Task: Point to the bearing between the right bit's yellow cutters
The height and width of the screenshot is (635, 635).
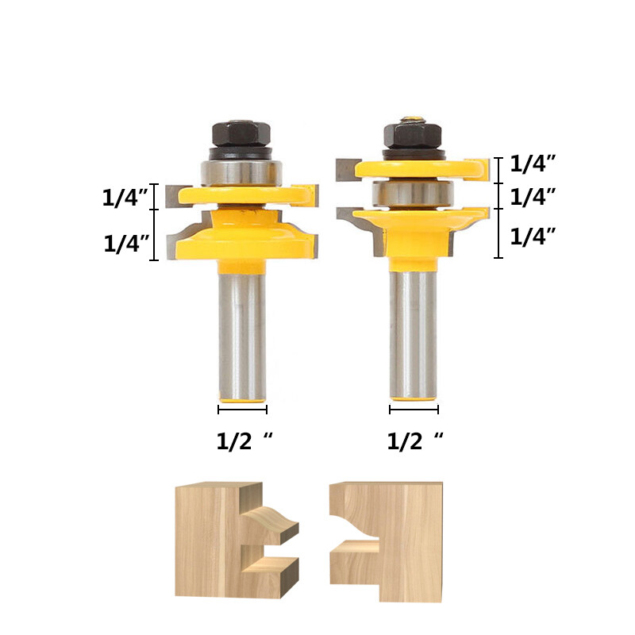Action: coord(413,193)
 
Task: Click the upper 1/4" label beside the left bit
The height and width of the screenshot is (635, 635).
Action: coord(125,198)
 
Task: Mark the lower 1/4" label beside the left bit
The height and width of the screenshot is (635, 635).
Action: coord(127,244)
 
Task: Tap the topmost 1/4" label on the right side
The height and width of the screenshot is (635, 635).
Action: coord(532,164)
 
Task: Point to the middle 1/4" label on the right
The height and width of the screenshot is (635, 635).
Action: coord(532,196)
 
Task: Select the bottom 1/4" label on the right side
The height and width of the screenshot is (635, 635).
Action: coord(532,236)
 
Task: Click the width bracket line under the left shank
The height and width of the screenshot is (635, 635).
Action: coord(243,410)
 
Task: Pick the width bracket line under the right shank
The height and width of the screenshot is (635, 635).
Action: coord(414,410)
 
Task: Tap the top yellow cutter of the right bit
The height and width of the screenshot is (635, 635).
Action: coord(421,168)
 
